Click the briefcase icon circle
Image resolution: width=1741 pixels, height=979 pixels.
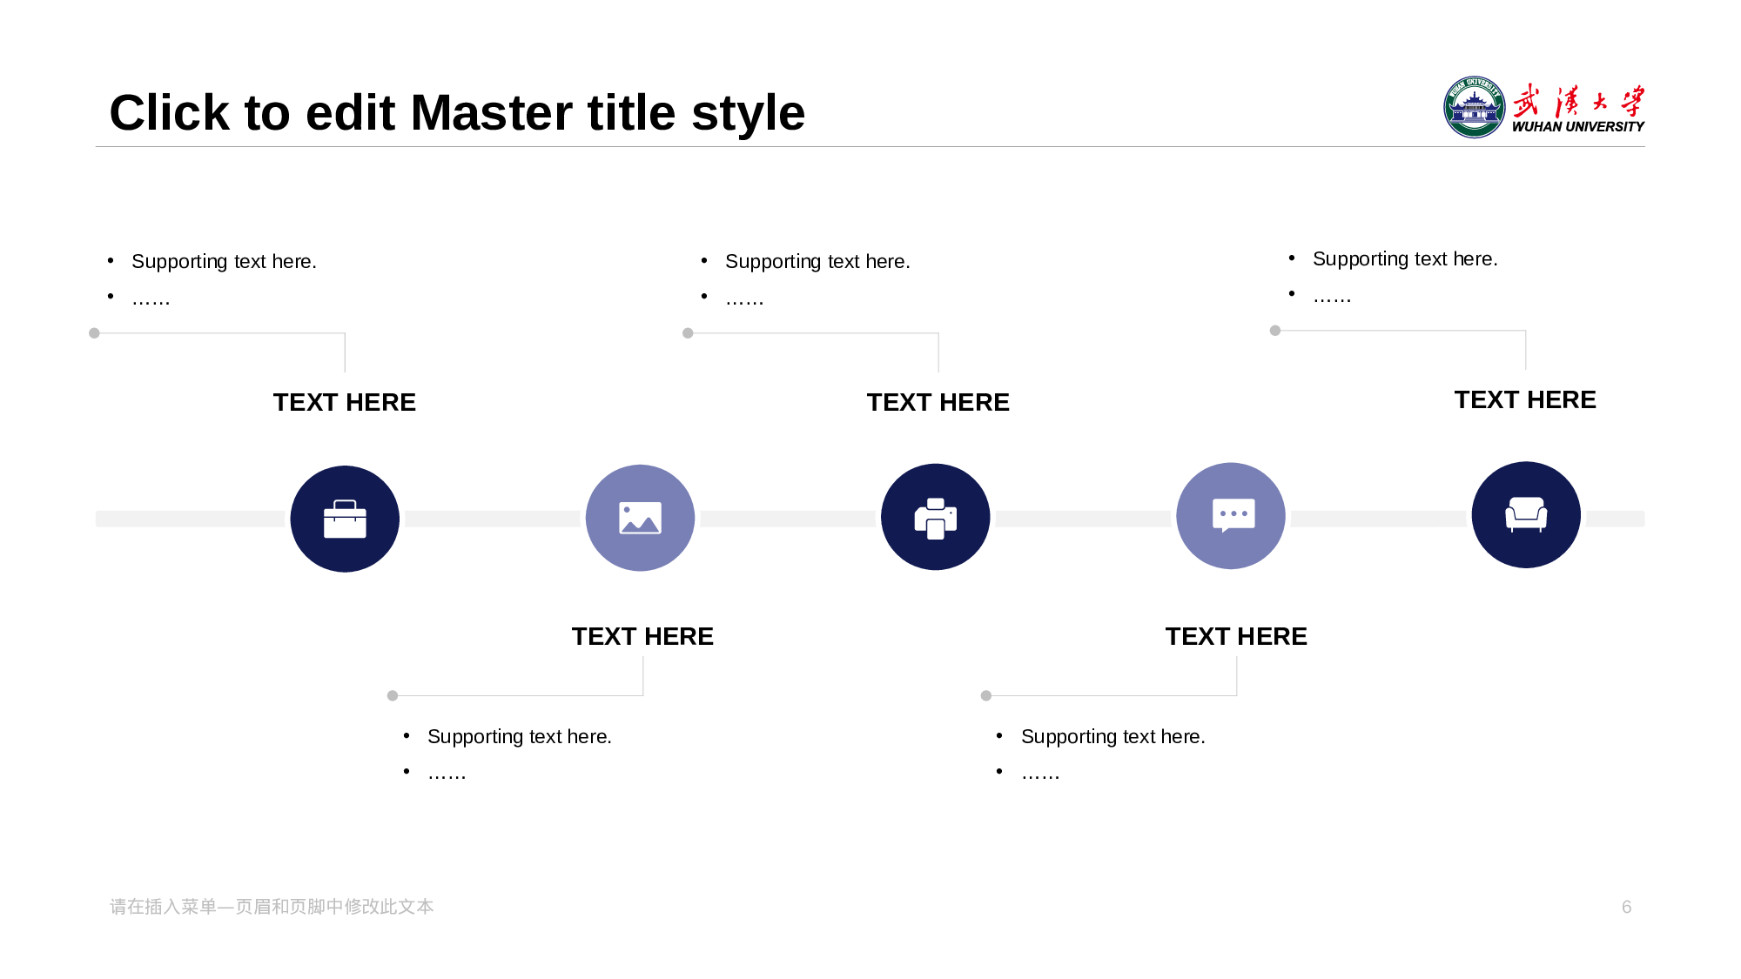coord(345,519)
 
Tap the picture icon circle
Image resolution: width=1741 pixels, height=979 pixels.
coord(640,518)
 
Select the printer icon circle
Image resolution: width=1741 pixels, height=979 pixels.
coord(936,517)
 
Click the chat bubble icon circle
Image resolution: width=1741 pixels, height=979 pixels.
coord(1231,516)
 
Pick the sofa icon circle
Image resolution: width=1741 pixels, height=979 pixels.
coord(1526,514)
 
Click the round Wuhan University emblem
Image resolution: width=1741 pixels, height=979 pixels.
coord(1474,107)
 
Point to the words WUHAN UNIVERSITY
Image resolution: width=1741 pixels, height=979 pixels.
coord(1578,127)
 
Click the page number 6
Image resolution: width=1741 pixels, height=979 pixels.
coord(1626,907)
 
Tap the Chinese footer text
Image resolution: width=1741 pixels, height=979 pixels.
coord(272,907)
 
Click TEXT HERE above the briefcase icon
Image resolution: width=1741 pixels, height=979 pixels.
coord(345,402)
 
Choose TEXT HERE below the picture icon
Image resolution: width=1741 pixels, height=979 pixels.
coord(642,636)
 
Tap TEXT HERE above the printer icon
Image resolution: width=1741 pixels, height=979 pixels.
coord(938,402)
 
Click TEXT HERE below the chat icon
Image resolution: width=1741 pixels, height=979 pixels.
coord(1236,636)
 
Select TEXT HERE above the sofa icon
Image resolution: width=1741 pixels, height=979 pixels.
coord(1525,399)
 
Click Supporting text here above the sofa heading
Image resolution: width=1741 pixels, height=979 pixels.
coord(1405,259)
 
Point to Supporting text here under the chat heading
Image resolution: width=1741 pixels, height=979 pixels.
coord(1112,737)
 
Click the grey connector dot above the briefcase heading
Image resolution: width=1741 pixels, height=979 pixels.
coord(94,333)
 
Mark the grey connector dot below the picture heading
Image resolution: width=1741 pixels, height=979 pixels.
coord(393,696)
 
